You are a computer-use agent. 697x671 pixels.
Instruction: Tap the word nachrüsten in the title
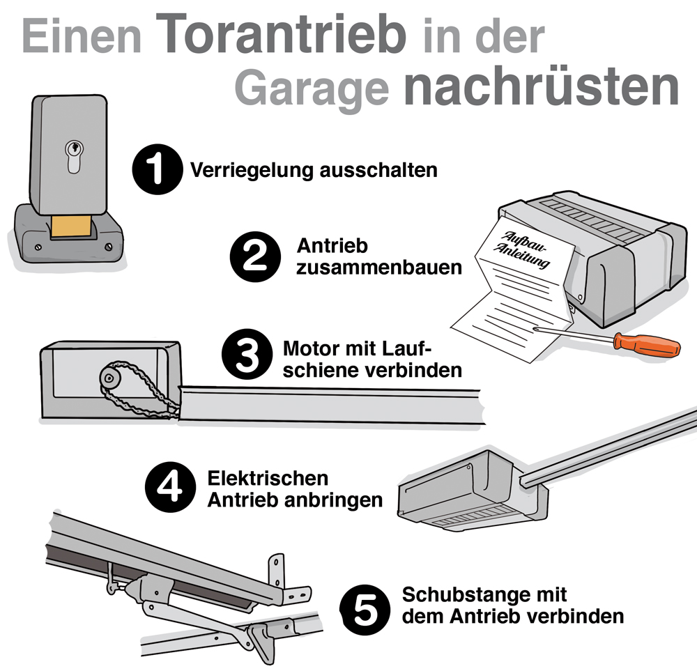pos(540,86)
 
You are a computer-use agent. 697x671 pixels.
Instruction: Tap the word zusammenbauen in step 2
pos(378,267)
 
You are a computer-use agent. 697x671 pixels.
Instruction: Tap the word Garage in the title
pos(311,88)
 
